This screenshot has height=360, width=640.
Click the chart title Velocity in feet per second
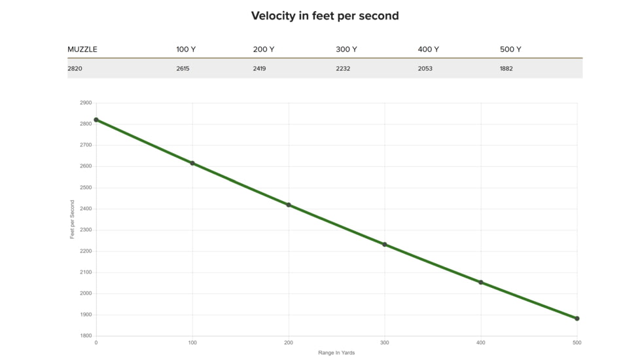coord(325,16)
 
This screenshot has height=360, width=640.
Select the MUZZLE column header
coord(82,49)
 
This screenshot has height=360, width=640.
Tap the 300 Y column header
coord(347,49)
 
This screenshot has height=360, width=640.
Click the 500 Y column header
coord(510,49)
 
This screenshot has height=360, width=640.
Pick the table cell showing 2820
coord(75,69)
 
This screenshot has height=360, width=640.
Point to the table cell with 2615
coord(183,69)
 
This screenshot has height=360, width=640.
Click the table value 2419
coord(260,69)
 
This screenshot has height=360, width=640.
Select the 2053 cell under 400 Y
coord(425,69)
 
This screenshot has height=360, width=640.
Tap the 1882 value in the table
coord(506,69)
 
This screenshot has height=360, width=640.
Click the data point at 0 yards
coord(96,120)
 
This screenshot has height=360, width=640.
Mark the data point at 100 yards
coord(192,163)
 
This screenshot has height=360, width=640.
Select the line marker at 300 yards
coord(385,245)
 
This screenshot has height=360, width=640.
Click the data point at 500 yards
coord(577,318)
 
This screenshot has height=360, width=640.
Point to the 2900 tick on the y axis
coord(86,103)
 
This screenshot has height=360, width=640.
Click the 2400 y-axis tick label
coord(86,209)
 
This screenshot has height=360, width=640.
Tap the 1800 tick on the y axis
coord(86,336)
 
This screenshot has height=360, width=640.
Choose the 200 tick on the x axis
coord(289,343)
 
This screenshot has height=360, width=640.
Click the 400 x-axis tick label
coord(481,343)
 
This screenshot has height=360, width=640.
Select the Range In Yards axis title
coord(336,353)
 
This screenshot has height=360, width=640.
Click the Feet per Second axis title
coord(72,219)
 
